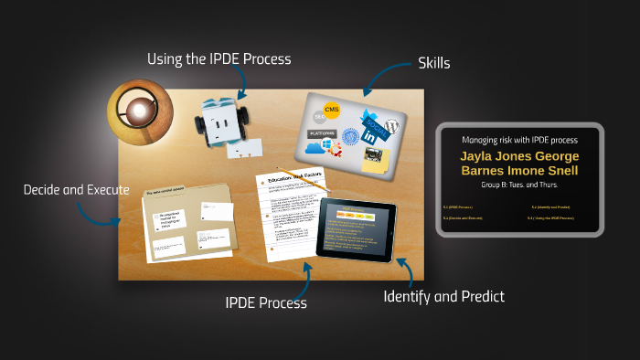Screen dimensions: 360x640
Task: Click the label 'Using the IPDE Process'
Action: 219,59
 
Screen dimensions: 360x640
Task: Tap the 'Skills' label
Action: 434,63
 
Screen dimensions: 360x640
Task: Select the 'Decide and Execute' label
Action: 76,190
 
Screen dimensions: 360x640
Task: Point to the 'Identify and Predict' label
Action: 443,296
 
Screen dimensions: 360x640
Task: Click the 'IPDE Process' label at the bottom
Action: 266,302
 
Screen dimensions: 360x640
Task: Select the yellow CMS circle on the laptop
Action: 332,111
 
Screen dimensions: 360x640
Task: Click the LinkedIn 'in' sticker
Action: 371,135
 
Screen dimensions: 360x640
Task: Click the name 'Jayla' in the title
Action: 479,156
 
